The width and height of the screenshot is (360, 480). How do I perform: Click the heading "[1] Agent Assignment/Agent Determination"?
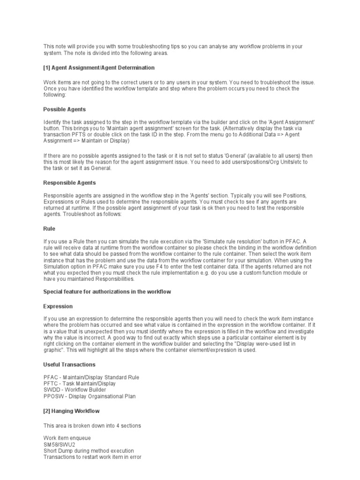click(x=99, y=68)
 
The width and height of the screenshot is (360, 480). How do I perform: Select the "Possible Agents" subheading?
click(x=64, y=109)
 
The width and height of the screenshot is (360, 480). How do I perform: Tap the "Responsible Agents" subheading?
click(x=69, y=183)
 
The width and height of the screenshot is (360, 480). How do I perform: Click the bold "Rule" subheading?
click(x=49, y=229)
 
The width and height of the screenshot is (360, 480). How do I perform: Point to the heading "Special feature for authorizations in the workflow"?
click(x=107, y=292)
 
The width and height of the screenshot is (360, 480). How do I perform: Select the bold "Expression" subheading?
click(x=58, y=306)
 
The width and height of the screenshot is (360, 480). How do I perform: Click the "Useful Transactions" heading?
click(x=69, y=364)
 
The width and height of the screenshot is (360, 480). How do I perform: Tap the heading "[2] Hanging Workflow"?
click(x=71, y=411)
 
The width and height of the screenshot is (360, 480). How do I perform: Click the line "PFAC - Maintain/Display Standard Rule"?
click(x=91, y=377)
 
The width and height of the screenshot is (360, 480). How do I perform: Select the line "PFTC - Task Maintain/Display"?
click(x=80, y=383)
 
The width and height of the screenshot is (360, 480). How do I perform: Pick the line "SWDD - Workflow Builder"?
click(x=75, y=390)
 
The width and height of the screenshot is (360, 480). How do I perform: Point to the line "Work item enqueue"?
click(x=67, y=438)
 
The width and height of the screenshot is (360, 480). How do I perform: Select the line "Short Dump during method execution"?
click(x=89, y=450)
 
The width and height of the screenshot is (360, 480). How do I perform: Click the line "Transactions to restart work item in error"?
click(x=92, y=457)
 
